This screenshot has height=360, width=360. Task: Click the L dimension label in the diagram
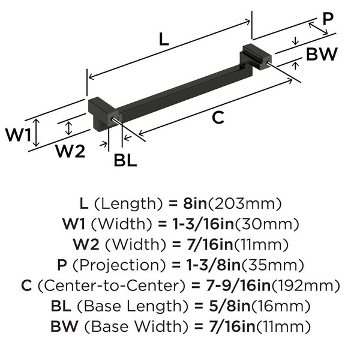tap(163, 40)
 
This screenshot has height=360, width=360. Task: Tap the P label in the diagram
tap(327, 19)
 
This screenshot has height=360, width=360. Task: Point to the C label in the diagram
tap(218, 118)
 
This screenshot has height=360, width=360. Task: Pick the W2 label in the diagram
tap(70, 151)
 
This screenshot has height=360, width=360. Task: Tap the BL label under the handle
tap(125, 160)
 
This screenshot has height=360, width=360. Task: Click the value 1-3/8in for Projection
tap(220, 265)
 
